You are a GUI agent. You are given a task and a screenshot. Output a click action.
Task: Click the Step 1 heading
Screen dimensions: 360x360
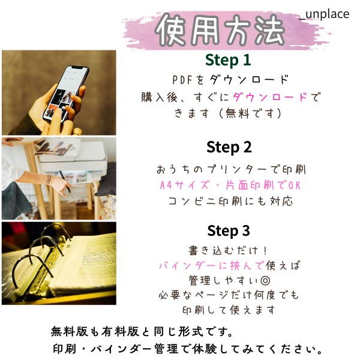pyautogui.click(x=228, y=60)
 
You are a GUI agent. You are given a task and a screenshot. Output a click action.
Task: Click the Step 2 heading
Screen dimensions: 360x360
pyautogui.click(x=229, y=147)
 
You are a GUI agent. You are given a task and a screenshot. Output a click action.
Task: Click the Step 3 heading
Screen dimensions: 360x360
pyautogui.click(x=228, y=230)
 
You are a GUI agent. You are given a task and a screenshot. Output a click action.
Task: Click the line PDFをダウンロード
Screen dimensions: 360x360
pyautogui.click(x=230, y=80)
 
